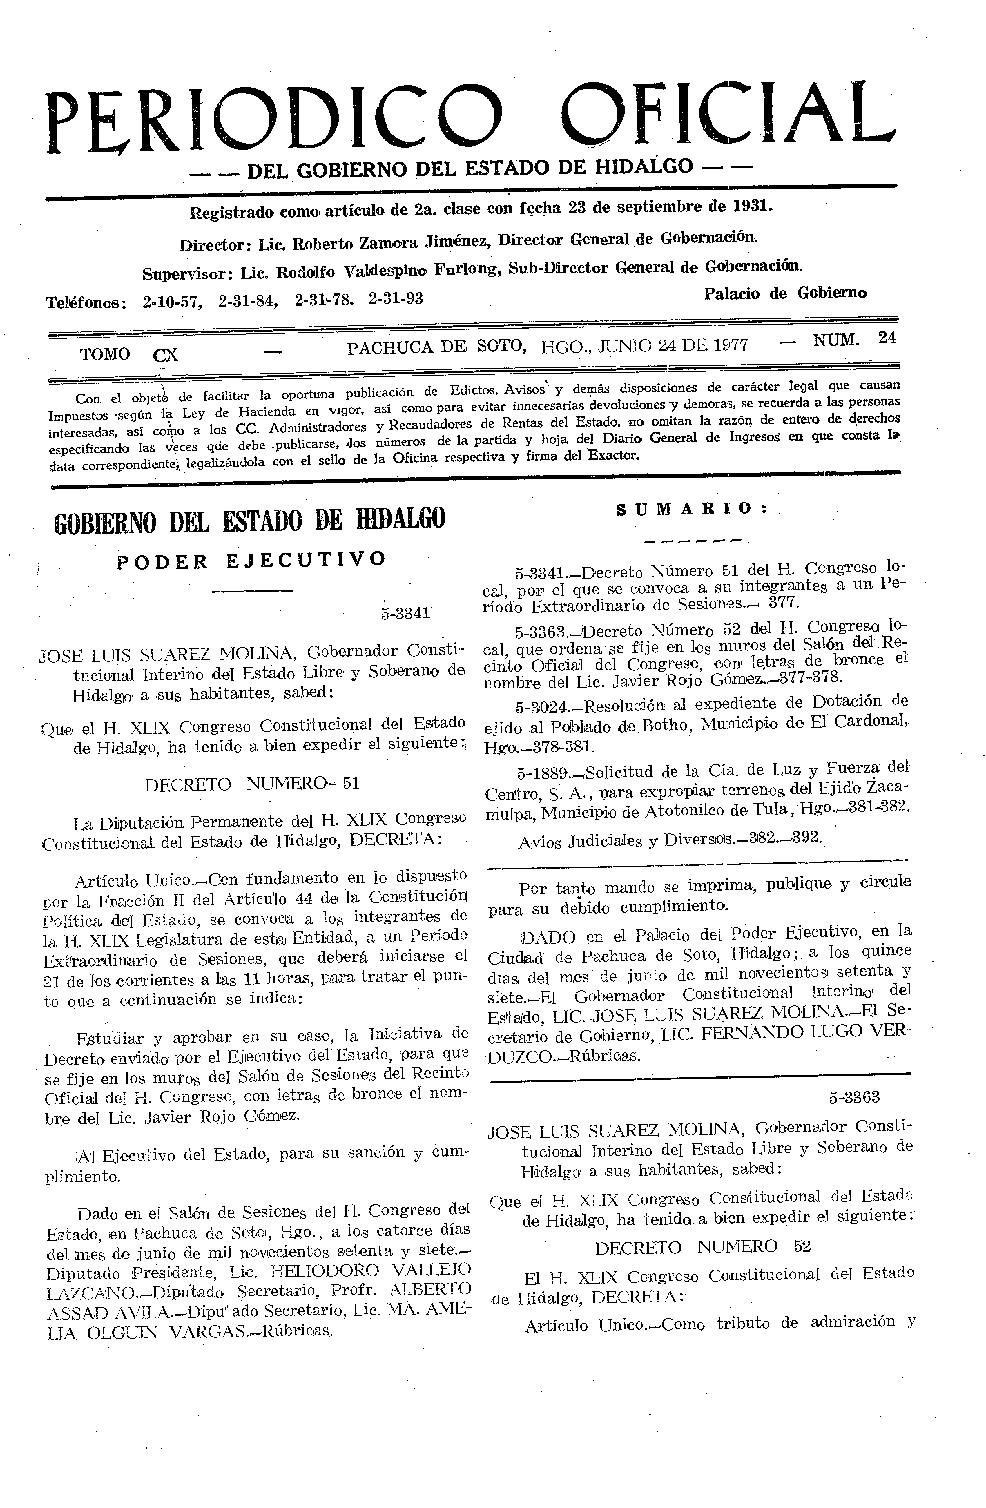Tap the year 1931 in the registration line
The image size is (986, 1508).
(x=752, y=206)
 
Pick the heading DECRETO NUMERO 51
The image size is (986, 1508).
(x=252, y=784)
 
